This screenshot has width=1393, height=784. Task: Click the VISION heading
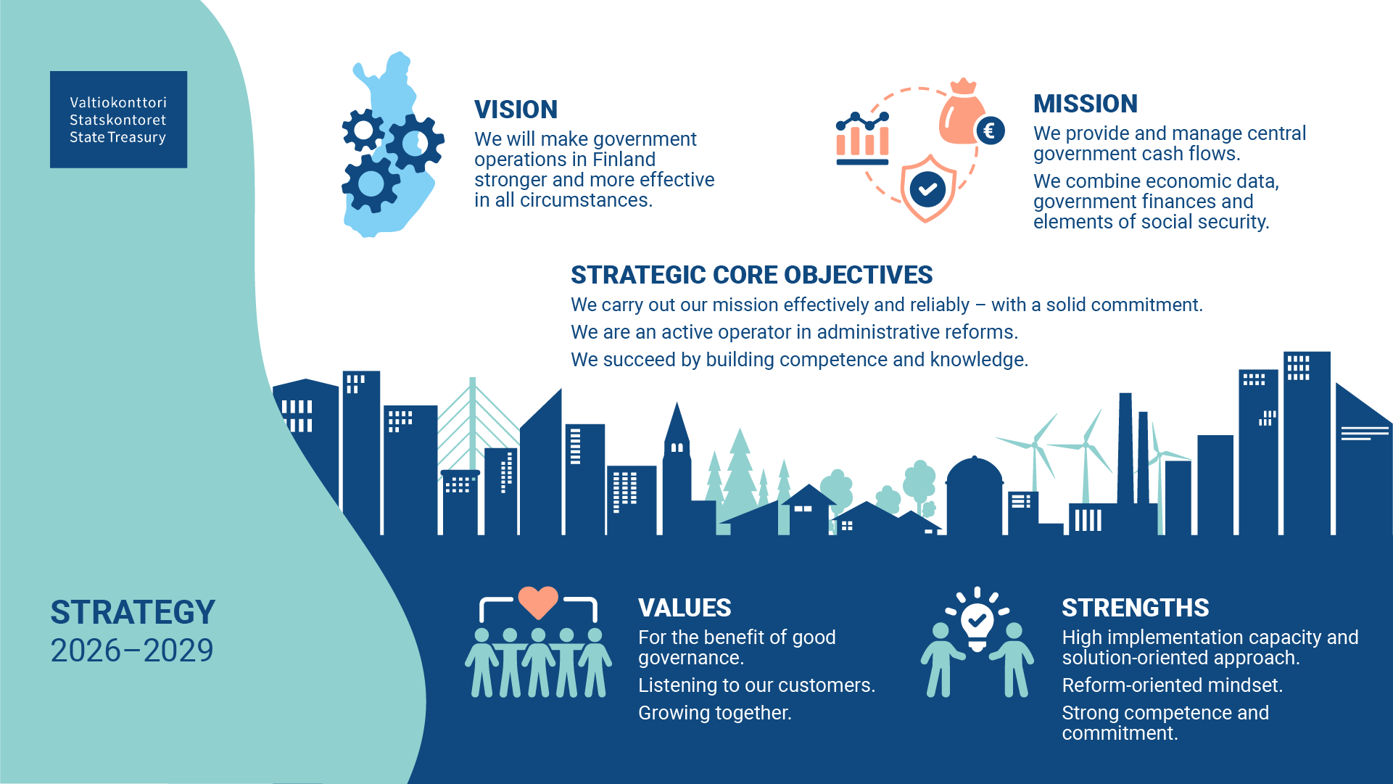(x=516, y=110)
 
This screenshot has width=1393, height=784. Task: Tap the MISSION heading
(x=1085, y=104)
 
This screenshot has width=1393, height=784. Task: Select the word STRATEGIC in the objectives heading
(x=638, y=275)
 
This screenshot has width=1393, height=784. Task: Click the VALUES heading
(x=685, y=608)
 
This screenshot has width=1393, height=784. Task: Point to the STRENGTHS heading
(x=1135, y=608)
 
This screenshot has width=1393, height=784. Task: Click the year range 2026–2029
(x=132, y=651)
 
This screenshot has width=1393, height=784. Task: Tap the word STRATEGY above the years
(x=133, y=612)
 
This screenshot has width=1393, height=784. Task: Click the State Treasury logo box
(x=118, y=120)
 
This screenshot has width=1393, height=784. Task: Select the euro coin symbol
(x=990, y=131)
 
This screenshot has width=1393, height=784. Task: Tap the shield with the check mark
(x=927, y=189)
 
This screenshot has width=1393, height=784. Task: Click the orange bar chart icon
(x=862, y=139)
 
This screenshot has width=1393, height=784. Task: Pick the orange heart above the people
(x=538, y=601)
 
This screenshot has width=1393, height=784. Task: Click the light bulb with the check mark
(x=977, y=622)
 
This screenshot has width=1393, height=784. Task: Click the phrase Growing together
(x=714, y=713)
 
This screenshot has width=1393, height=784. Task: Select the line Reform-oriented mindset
(x=1172, y=685)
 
